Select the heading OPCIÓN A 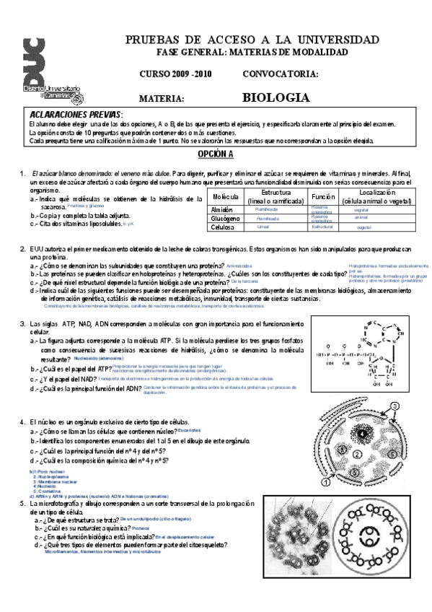click(x=216, y=154)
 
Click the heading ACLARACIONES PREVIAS click(x=76, y=115)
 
